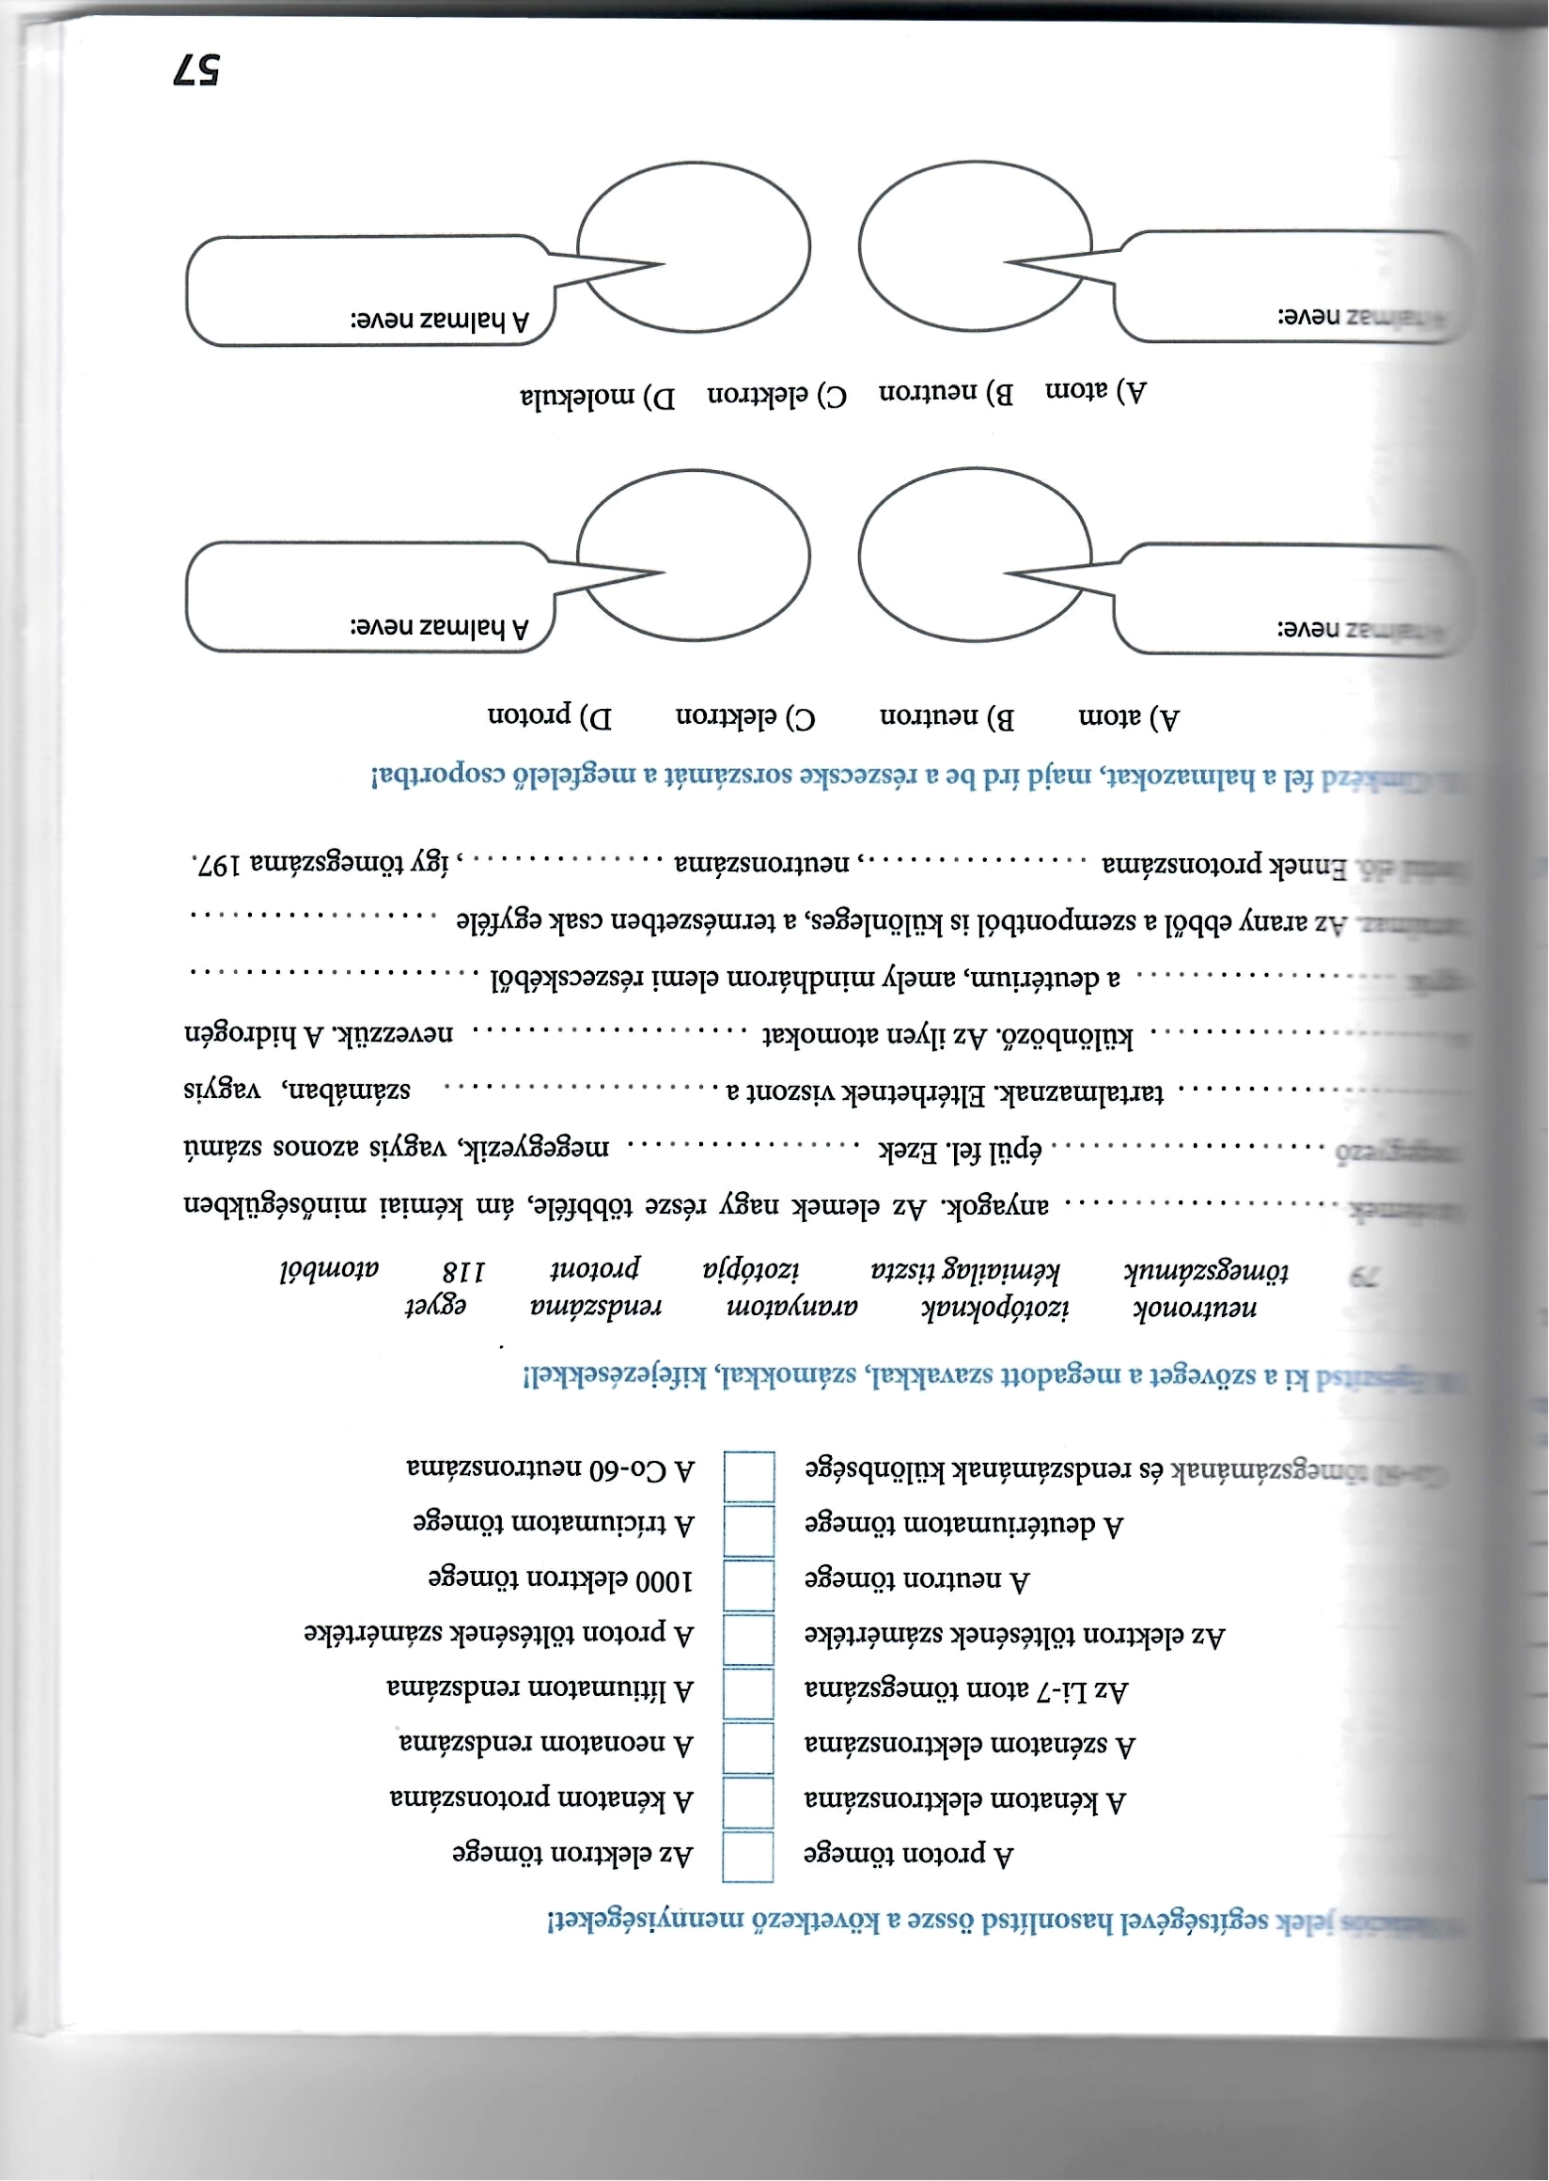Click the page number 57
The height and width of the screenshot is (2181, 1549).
pyautogui.click(x=196, y=70)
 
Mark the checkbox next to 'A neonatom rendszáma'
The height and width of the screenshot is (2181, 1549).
pyautogui.click(x=748, y=1747)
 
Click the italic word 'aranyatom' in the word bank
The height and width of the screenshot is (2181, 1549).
pyautogui.click(x=792, y=1305)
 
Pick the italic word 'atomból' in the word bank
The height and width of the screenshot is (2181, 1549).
pyautogui.click(x=329, y=1270)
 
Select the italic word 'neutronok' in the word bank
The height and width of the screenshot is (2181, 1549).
pyautogui.click(x=1196, y=1306)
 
